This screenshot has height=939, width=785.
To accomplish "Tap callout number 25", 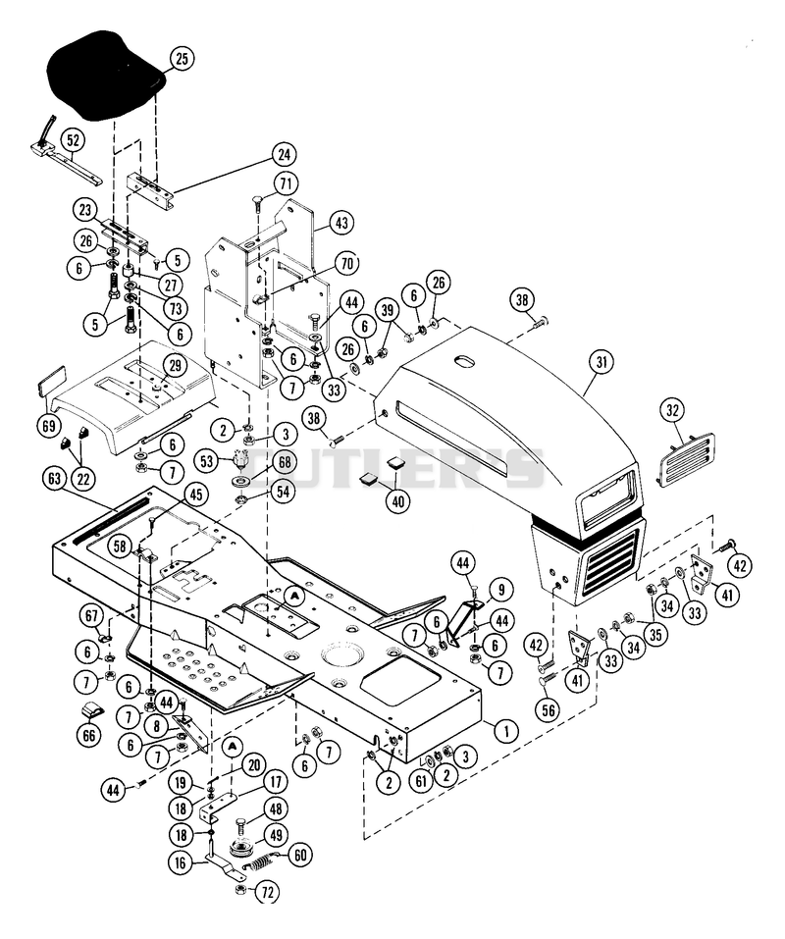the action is [x=183, y=58].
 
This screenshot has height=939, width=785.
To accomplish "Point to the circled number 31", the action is [x=602, y=362].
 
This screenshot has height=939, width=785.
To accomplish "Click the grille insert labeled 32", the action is [x=686, y=460].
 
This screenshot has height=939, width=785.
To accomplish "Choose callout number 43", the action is [x=340, y=224].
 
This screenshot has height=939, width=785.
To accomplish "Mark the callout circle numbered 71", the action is [x=287, y=183].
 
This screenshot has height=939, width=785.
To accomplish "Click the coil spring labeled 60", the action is [x=258, y=864].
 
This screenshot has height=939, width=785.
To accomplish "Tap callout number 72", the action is [x=267, y=892].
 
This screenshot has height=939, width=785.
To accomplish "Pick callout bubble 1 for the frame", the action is [x=506, y=730].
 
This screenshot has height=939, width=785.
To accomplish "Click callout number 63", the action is [x=55, y=479].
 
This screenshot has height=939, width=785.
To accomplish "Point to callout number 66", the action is [x=89, y=734].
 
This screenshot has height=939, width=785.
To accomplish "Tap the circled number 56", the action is [x=548, y=710].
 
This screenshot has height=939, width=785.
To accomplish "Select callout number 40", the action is [x=398, y=500].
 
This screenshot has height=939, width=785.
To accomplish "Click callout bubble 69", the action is [x=48, y=426].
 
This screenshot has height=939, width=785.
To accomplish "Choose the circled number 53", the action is [x=207, y=461].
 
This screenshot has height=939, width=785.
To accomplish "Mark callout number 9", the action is [x=500, y=590].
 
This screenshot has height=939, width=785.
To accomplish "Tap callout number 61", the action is [x=422, y=780].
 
